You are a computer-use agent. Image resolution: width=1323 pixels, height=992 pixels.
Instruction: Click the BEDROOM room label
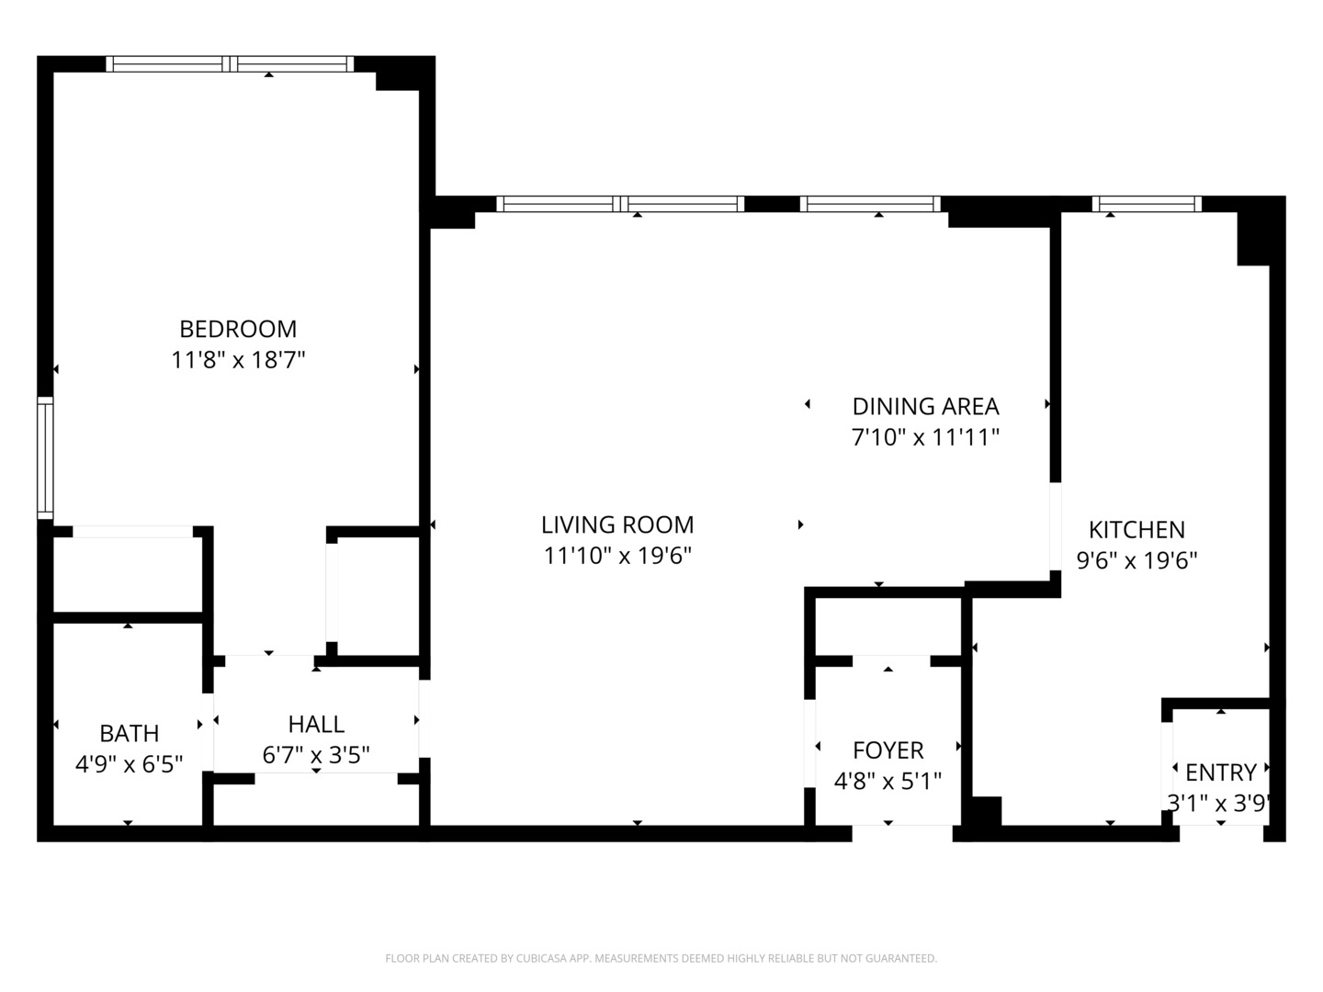[x=238, y=329]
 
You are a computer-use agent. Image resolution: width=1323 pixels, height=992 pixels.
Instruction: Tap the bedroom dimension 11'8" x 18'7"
[x=238, y=360]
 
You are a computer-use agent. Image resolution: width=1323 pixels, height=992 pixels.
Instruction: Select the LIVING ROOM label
[x=616, y=524]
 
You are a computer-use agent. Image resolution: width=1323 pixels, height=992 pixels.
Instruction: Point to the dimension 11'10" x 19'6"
[x=616, y=556]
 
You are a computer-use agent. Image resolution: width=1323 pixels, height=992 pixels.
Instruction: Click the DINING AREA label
[x=925, y=406]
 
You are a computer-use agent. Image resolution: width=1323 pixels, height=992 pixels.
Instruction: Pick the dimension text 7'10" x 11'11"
[x=925, y=437]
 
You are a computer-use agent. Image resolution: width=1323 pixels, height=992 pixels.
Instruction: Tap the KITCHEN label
[x=1136, y=529]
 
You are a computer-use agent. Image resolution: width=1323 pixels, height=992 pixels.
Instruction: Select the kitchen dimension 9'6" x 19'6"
[x=1136, y=560]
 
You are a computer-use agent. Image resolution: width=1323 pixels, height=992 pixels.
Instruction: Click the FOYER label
[x=888, y=750]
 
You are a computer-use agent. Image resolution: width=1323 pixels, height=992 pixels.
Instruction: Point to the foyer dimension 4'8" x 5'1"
[x=888, y=782]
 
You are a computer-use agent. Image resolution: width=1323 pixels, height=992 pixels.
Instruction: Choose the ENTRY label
[x=1220, y=772]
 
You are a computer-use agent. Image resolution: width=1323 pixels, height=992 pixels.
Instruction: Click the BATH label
[x=129, y=733]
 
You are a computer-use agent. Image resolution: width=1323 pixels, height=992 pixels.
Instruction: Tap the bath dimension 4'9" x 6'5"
[x=129, y=763]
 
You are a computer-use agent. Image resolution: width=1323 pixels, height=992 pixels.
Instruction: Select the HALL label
[x=316, y=724]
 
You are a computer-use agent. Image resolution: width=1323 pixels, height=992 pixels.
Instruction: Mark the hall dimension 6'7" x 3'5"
[x=316, y=755]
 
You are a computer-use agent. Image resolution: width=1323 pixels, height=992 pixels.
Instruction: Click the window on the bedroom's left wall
[x=44, y=457]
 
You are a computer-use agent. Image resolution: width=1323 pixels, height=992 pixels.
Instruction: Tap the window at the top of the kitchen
[x=1147, y=204]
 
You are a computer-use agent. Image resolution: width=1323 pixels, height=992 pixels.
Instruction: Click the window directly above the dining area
[x=870, y=204]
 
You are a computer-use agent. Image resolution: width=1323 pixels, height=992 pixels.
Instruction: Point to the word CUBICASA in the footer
[x=546, y=959]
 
